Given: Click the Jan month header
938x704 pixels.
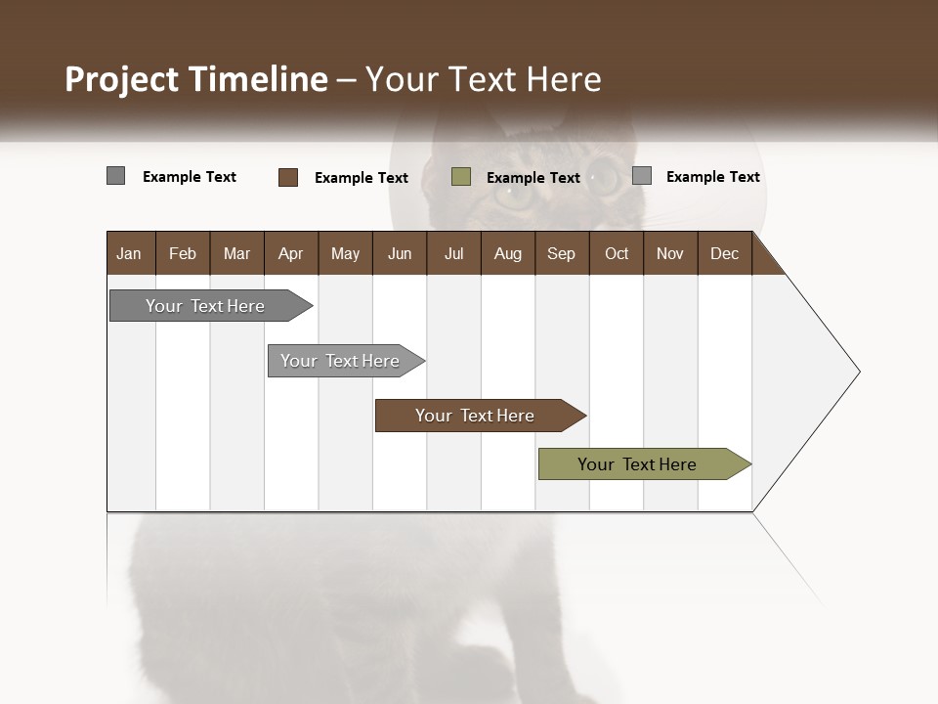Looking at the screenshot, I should click(129, 253).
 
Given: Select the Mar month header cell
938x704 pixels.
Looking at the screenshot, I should click(236, 253).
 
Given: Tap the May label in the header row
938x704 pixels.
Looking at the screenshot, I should click(345, 253).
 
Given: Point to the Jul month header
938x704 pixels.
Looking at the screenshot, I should click(453, 253).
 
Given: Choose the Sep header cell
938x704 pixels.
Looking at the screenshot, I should click(561, 253).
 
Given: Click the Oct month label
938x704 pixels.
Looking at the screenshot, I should click(617, 253).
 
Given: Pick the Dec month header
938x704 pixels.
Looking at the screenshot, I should click(724, 253).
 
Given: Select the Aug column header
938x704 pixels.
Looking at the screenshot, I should click(507, 253).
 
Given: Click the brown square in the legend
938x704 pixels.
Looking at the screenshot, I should click(288, 177).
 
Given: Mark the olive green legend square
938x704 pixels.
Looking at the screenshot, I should click(461, 177).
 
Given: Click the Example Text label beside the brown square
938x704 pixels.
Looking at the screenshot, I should click(362, 178).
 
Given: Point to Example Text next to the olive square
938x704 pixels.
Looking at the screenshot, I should click(533, 178).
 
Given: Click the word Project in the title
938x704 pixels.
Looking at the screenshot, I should click(122, 79).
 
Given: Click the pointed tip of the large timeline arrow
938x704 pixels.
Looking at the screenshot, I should click(857, 372).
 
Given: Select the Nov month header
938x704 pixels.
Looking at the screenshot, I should click(670, 253).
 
